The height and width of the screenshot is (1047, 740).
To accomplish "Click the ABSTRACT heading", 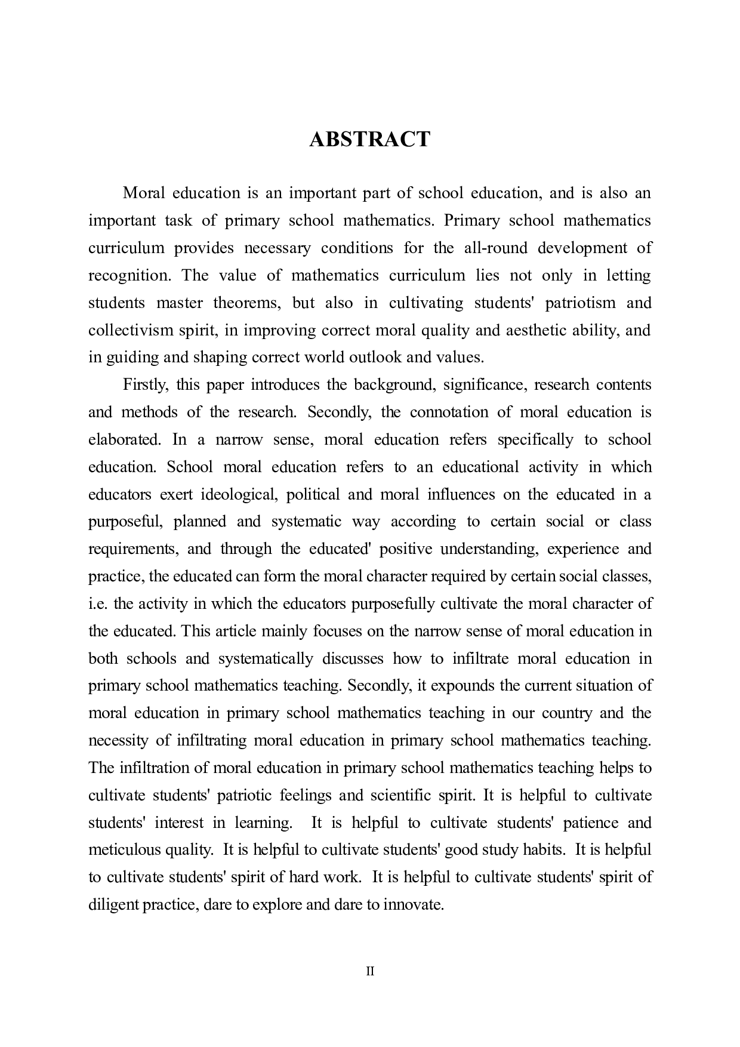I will pos(369,139).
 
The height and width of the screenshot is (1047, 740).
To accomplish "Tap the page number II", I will pos(369,971).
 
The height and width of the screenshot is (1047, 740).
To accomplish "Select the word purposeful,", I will pos(126,522).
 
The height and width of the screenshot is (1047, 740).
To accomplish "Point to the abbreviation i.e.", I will pos(98,604).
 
